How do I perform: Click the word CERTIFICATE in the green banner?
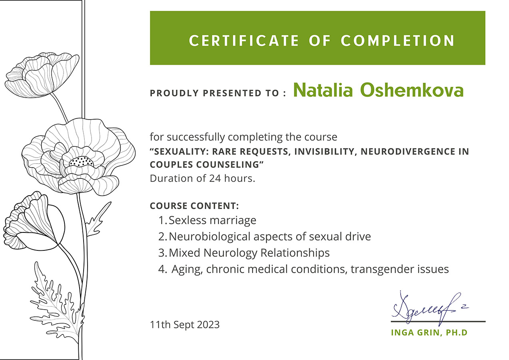click(x=244, y=41)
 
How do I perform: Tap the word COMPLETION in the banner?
click(x=397, y=41)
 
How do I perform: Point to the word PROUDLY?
click(x=174, y=93)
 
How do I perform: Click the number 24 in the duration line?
click(x=215, y=178)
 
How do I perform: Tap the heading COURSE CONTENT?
click(x=194, y=206)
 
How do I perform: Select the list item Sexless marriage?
click(x=212, y=220)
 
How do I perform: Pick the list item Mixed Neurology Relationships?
click(x=249, y=253)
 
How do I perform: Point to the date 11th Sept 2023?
click(x=185, y=324)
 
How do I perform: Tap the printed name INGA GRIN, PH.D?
click(x=429, y=332)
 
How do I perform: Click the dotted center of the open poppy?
click(x=81, y=161)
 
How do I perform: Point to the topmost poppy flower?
click(x=42, y=75)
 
